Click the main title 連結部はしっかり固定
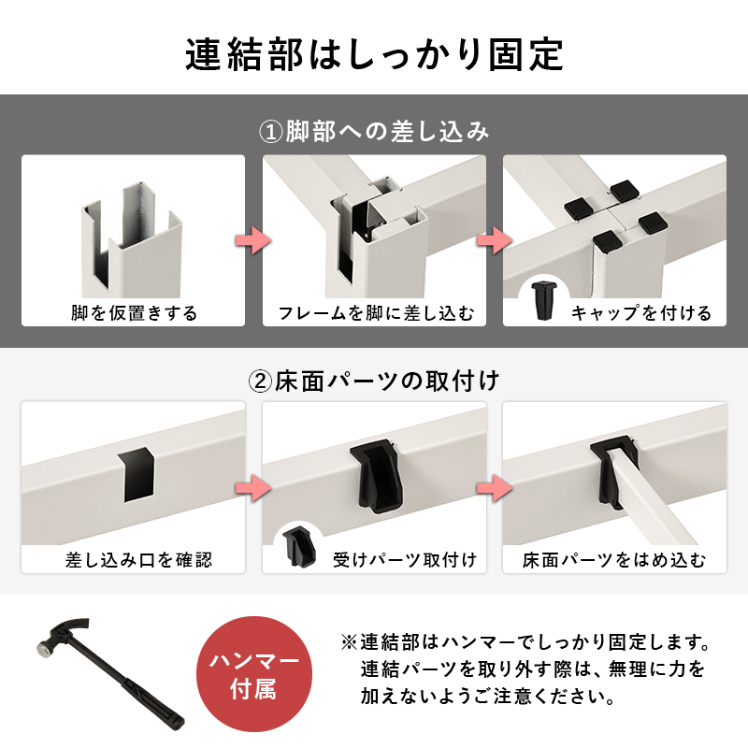374,53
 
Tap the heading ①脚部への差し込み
374,131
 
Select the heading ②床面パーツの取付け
374,381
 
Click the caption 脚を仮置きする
134,312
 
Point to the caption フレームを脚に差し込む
375,312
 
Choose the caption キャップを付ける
640,312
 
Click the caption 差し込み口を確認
138,559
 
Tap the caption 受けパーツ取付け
404,559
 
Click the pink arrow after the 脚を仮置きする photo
254,239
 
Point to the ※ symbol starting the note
348,644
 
